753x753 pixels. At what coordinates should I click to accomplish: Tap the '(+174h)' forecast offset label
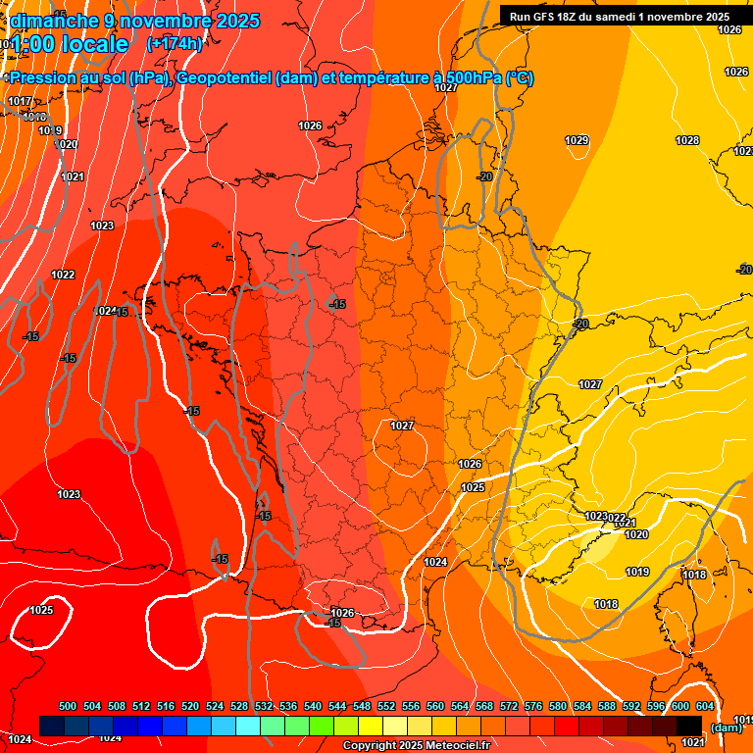pos(175,44)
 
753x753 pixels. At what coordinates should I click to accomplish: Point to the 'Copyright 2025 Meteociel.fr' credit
pos(416,745)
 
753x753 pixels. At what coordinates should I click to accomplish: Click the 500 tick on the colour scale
pos(68,706)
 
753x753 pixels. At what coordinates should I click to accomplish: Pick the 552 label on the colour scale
pos(386,706)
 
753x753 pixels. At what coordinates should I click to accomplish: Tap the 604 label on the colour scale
pos(705,706)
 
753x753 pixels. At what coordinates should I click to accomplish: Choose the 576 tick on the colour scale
pos(533,706)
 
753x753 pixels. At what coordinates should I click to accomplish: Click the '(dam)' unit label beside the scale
pos(726,727)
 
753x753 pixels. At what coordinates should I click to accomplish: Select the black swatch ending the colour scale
pos(689,725)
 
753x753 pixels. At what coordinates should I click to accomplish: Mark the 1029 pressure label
pos(577,141)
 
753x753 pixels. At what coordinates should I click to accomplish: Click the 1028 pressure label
pos(687,141)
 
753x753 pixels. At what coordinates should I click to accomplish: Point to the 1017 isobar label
pos(20,102)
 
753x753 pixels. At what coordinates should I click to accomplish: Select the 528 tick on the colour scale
pos(239,706)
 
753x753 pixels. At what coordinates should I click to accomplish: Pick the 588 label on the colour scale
pos(607,706)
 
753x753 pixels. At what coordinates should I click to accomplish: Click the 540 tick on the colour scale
pos(313,706)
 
